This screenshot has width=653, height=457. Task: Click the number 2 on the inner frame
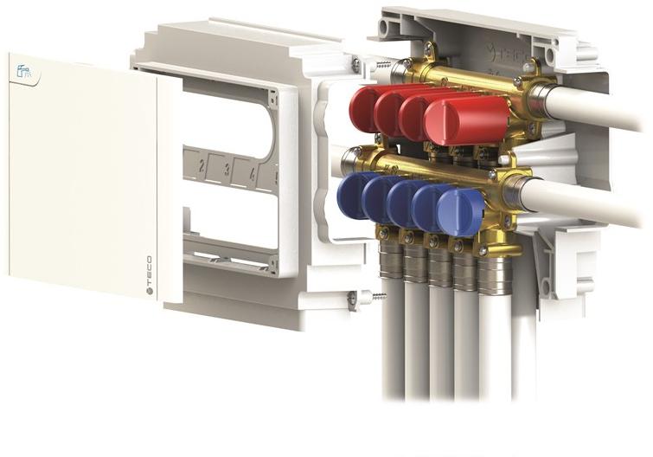202,166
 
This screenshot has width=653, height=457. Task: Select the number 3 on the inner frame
227,171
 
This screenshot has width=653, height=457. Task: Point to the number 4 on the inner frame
252,175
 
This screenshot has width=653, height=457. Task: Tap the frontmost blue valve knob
460,211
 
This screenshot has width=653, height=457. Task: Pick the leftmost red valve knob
364,107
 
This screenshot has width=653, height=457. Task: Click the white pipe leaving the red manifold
597,108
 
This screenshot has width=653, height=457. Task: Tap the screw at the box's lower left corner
353,300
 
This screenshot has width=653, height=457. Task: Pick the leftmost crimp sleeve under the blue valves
391,258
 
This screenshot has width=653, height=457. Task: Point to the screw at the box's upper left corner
355,62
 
